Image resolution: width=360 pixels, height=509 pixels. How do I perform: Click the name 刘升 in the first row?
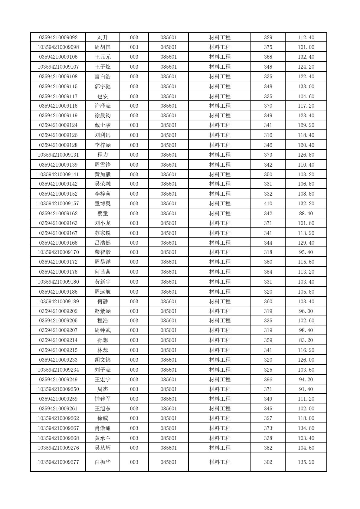point(103,38)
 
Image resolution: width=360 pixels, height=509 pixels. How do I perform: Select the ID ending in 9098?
point(58,47)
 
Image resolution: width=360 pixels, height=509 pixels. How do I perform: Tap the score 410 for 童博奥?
point(268,204)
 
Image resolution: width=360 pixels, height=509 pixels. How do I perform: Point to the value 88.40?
point(306,214)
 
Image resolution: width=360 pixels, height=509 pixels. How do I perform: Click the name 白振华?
point(103,462)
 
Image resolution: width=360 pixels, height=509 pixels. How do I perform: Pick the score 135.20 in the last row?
point(306,462)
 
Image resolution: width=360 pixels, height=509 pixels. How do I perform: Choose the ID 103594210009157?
point(58,204)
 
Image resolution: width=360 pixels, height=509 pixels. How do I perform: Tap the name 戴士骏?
point(103,125)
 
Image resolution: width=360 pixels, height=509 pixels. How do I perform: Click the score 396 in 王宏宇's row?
point(268,380)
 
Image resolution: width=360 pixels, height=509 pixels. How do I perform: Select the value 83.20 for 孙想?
point(306,340)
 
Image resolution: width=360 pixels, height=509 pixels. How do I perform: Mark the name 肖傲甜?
point(103,428)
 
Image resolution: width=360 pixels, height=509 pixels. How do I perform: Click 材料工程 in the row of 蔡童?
point(220,214)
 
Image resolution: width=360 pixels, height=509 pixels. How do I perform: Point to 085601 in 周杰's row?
point(169,389)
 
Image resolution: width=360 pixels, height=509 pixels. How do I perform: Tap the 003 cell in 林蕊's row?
point(134,350)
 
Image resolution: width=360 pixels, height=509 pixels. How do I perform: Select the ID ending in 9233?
point(58,360)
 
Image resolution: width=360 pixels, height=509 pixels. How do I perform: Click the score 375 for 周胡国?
point(268,47)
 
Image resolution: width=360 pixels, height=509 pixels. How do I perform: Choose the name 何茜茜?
point(103,272)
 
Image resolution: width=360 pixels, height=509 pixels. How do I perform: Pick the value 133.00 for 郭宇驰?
point(306,86)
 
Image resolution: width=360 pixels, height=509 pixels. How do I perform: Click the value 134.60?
point(306,428)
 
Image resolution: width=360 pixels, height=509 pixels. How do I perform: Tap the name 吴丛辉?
point(103,448)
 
